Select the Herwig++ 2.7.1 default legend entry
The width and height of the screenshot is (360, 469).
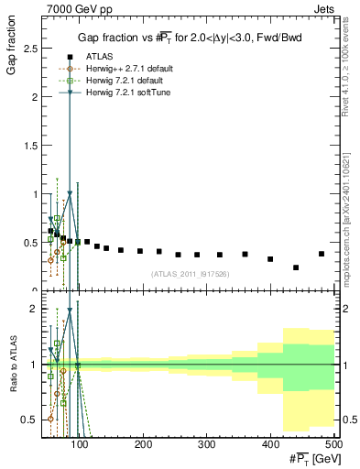(125, 68)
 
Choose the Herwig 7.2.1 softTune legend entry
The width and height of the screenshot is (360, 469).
(124, 92)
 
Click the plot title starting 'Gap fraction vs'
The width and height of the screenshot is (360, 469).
(190, 38)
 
